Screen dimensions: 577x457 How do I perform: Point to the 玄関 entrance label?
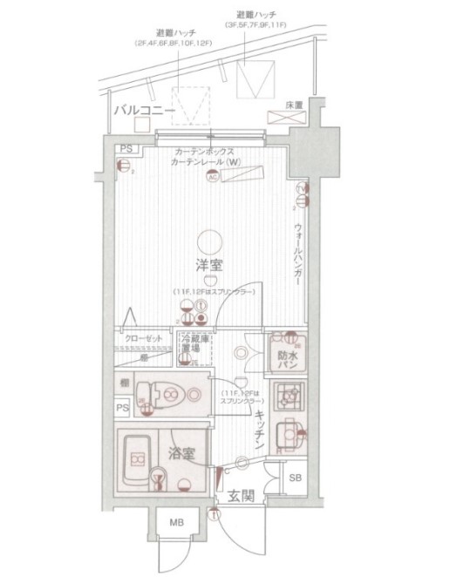coord(241,497)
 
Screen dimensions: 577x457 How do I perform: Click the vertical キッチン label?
coord(259,430)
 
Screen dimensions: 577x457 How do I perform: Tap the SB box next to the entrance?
coord(295,477)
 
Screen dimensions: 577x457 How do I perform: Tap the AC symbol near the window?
coord(211,178)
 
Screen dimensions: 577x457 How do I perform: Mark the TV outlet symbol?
coord(299,189)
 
